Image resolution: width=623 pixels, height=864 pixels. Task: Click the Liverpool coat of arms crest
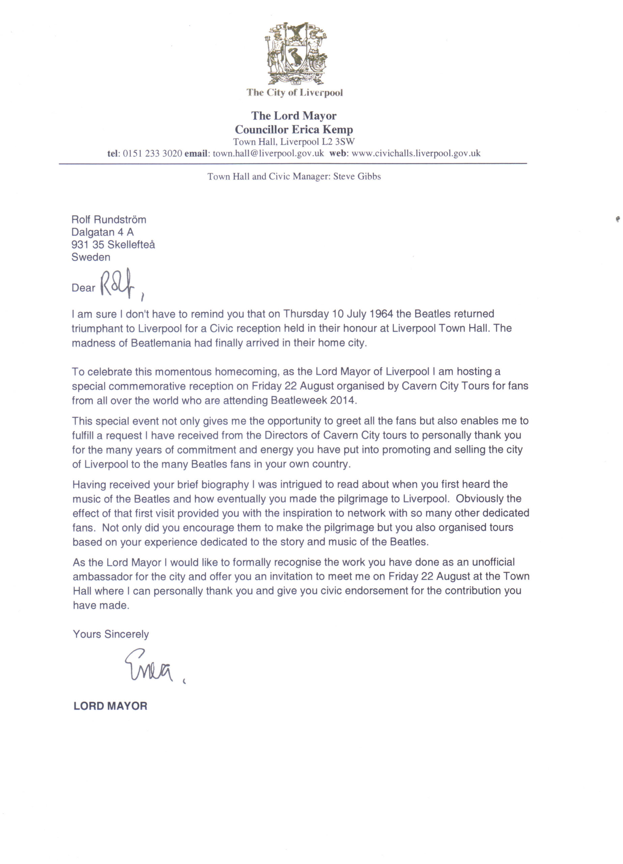point(295,53)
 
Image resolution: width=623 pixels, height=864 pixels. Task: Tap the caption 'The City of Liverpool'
point(294,92)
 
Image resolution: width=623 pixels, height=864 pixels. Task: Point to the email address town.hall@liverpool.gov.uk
point(268,154)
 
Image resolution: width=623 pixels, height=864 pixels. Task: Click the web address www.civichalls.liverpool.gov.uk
point(416,154)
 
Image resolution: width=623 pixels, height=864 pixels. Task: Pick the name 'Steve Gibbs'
point(357,177)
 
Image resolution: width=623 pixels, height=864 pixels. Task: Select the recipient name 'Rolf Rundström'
point(109,219)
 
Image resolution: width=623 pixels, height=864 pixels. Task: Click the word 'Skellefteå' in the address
point(131,245)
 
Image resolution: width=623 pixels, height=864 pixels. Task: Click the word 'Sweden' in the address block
point(91,257)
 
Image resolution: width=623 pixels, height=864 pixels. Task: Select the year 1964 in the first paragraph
point(381,314)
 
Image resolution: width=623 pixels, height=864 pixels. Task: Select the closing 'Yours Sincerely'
point(111,634)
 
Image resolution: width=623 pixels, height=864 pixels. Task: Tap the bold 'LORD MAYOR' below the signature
point(110,706)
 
